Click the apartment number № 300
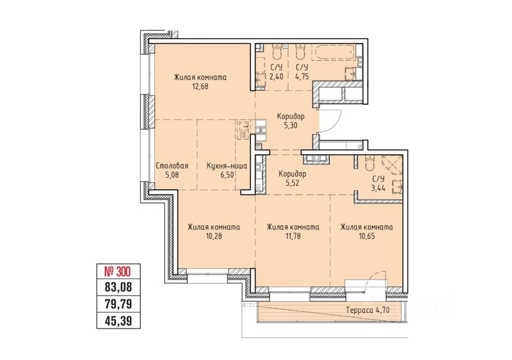117,271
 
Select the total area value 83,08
118,287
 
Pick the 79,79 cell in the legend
118,304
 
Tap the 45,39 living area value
118,321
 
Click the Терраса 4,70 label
368,310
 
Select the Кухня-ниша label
227,166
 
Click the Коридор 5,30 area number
290,125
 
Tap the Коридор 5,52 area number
292,183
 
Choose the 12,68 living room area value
200,87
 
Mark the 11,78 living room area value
293,236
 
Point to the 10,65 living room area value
367,236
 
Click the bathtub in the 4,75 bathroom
333,53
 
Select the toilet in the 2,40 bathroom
277,51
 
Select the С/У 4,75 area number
302,77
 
